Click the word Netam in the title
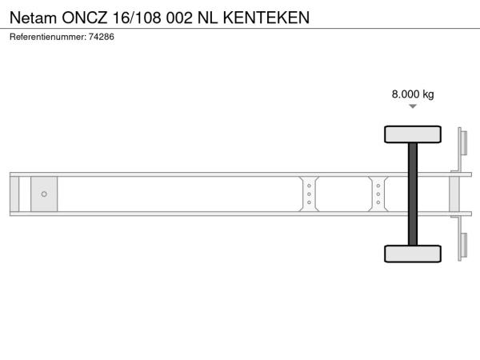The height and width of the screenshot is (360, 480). [33, 18]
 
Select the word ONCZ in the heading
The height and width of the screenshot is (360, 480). [85, 18]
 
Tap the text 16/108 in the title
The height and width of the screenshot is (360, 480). [137, 18]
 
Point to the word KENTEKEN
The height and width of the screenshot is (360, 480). [266, 18]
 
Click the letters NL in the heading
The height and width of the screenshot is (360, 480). [207, 18]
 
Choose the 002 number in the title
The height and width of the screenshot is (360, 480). [179, 18]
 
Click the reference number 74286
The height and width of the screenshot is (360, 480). [102, 37]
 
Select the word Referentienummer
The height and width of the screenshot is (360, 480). [48, 37]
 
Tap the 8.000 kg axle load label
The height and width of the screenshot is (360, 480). [413, 94]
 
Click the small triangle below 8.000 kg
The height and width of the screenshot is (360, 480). [413, 106]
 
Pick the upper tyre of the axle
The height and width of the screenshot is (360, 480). [413, 134]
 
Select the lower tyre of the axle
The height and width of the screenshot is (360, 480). [413, 254]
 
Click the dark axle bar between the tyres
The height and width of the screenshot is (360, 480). [413, 194]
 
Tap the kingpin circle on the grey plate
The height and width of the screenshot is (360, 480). [44, 194]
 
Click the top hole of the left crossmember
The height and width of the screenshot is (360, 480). [309, 186]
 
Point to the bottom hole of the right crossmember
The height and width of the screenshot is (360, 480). [378, 202]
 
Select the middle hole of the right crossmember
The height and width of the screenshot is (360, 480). [378, 194]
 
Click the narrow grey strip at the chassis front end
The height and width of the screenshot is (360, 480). [14, 194]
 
